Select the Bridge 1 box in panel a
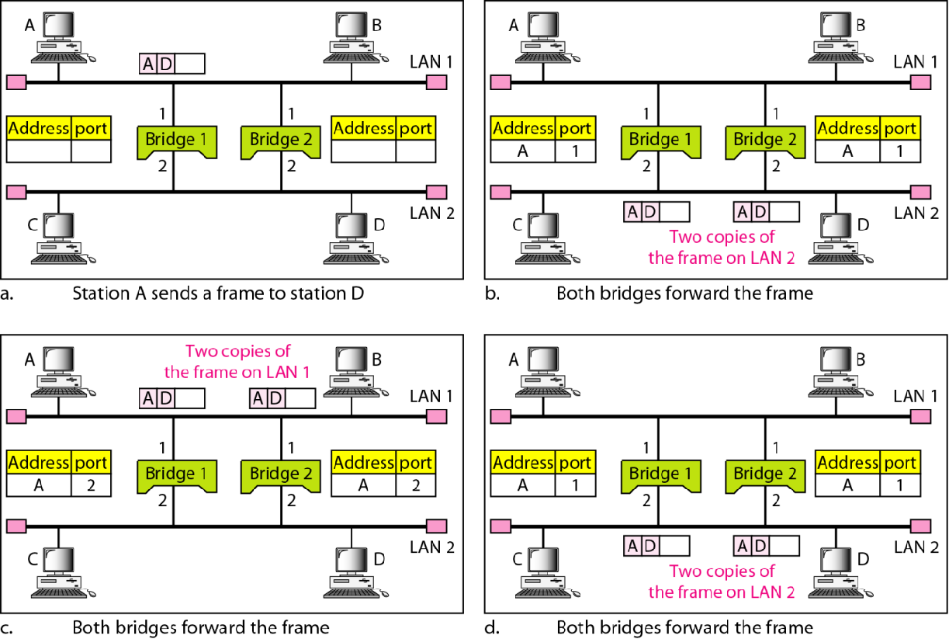coord(176,141)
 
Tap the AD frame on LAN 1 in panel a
coord(172,64)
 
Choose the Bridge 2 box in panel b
coord(764,141)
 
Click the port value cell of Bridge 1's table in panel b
coord(575,151)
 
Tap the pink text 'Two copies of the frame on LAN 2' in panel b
coord(722,248)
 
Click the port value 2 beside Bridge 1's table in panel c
coord(91,485)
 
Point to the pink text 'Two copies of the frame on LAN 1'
coord(237,362)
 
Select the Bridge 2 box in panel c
coord(280,474)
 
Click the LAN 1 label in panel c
coord(431,396)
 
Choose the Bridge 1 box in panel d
coord(659,474)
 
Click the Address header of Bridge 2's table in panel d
coord(847,464)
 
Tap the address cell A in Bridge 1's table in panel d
coord(523,485)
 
